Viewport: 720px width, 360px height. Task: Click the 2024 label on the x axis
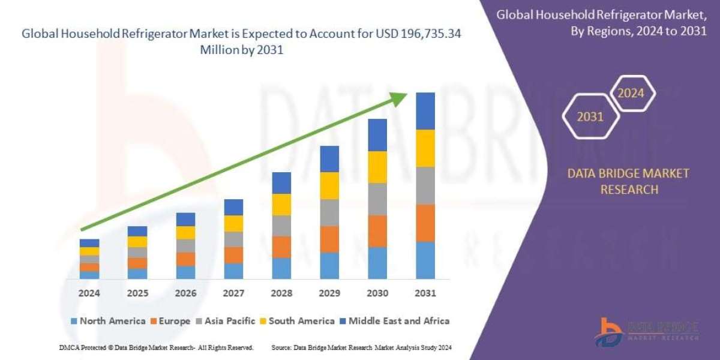89,293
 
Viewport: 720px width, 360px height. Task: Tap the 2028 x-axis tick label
281,293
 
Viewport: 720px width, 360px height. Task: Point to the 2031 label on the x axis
425,293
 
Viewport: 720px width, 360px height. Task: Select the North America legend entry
108,321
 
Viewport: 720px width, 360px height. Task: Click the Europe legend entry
170,321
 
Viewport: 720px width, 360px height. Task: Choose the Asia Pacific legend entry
226,321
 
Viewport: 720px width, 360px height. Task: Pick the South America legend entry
298,321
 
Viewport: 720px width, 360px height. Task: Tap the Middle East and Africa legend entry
395,321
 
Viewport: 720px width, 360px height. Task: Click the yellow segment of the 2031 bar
425,149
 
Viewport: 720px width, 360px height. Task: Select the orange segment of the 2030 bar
377,231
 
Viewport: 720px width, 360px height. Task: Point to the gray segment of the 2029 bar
329,212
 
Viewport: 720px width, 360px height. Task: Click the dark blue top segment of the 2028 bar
281,183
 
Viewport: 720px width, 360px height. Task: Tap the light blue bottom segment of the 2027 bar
233,271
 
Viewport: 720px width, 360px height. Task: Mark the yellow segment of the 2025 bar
137,242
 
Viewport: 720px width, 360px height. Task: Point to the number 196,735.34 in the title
431,34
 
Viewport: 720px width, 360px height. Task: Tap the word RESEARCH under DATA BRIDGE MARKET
629,190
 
